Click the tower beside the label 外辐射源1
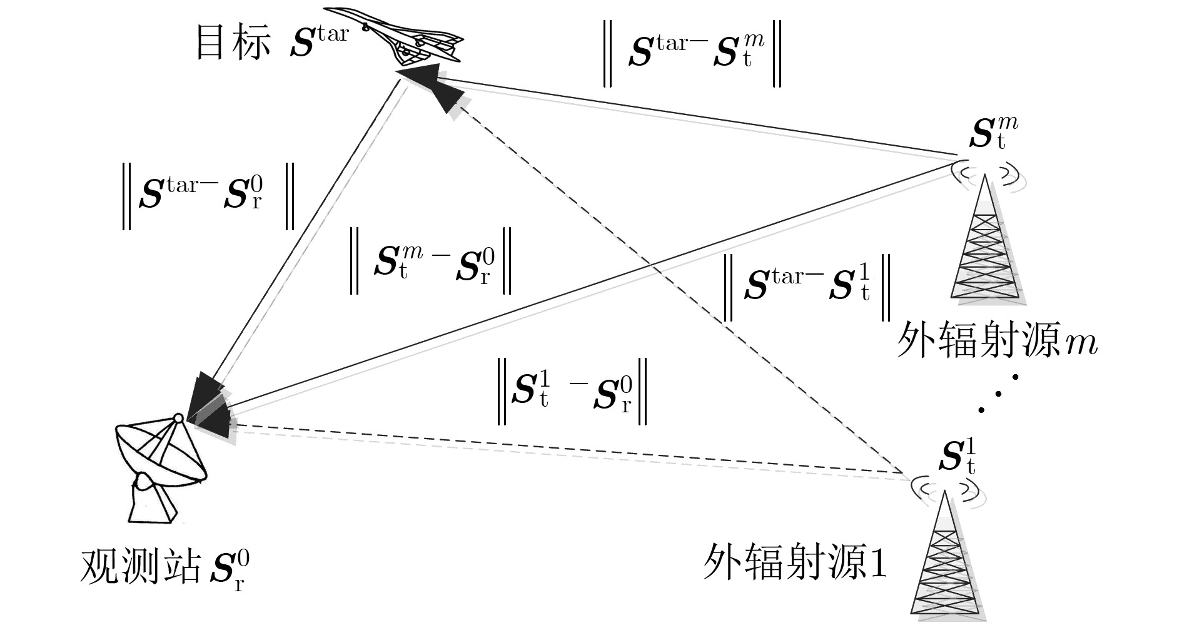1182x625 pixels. click(946, 554)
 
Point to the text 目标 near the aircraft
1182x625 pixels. click(233, 43)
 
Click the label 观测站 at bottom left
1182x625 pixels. click(141, 566)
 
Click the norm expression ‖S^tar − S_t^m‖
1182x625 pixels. click(692, 53)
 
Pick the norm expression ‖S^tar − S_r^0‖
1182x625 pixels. click(208, 195)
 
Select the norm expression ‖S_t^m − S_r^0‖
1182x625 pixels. click(431, 261)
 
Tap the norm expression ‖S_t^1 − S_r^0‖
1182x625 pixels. click(572, 391)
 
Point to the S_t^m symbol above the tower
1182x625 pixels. click(994, 133)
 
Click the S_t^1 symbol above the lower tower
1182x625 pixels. click(957, 457)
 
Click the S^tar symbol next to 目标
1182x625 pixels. click(319, 41)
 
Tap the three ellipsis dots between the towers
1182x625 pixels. click(998, 393)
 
